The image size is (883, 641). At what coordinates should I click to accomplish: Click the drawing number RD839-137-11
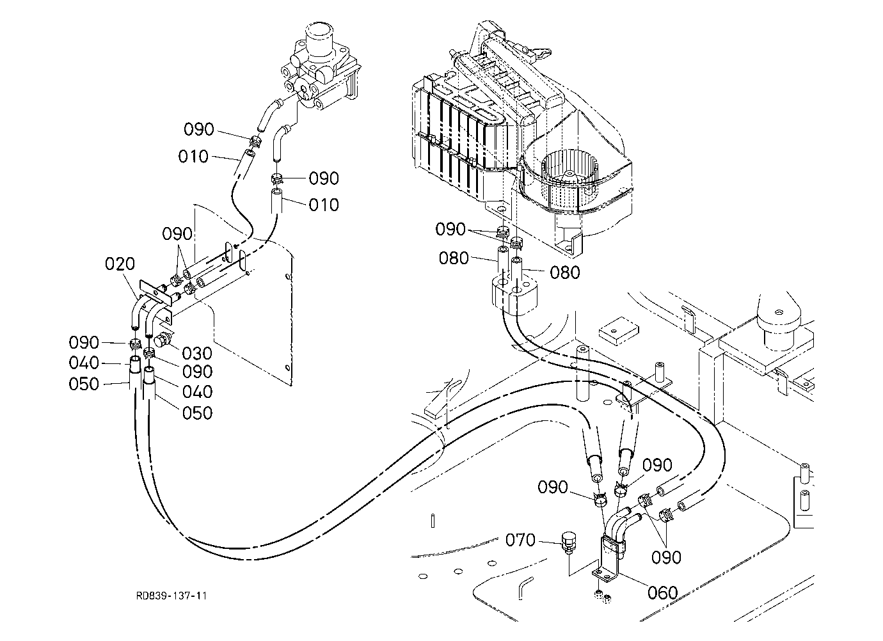[171, 596]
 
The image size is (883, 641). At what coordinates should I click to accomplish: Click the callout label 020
[120, 264]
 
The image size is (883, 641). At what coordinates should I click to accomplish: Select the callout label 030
[197, 353]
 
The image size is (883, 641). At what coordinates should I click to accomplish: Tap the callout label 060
[663, 592]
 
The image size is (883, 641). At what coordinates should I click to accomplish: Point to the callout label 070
[520, 540]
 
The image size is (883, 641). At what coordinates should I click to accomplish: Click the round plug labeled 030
[161, 340]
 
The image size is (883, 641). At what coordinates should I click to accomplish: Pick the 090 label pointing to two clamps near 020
[177, 234]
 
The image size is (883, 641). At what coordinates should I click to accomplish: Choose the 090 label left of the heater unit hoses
[450, 229]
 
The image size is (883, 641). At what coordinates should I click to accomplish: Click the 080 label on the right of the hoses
[565, 273]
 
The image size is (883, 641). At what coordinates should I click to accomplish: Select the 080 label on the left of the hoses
[454, 258]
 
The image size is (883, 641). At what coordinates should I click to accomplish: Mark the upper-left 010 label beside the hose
[193, 157]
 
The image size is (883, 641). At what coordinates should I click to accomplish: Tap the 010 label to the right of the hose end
[324, 205]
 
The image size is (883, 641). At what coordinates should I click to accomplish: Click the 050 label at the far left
[84, 384]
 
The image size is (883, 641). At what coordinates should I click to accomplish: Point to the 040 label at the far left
[84, 363]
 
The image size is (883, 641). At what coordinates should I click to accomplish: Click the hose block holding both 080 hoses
[514, 294]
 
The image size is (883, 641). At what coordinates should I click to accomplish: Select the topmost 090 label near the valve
[198, 129]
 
